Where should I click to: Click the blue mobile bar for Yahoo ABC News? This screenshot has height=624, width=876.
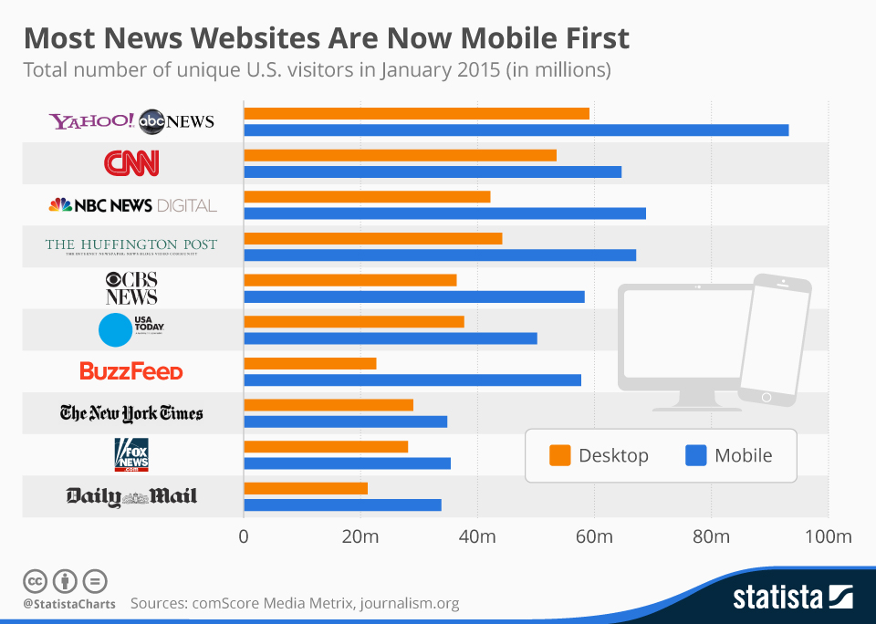point(516,130)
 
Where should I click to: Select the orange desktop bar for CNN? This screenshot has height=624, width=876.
point(400,155)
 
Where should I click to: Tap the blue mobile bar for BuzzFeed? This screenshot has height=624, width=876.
point(412,380)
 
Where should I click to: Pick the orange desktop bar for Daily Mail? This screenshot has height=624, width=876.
point(306,488)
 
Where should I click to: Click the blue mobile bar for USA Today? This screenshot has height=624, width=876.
point(391,338)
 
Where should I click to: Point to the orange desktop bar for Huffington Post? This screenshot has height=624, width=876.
point(372,238)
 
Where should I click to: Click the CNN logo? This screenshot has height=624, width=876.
point(131,163)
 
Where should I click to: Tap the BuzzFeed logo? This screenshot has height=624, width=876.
point(131,371)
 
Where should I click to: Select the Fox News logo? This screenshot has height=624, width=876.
point(131,454)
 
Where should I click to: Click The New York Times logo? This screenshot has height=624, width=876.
point(131,413)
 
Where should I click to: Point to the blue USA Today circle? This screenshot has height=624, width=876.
point(115,329)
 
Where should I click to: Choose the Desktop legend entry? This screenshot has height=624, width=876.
point(599,455)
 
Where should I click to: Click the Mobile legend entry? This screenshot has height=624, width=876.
point(728,455)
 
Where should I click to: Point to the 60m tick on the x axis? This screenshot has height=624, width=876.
point(594,536)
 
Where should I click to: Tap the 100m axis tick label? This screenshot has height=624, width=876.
point(829,536)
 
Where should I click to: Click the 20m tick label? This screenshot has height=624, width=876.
point(360,536)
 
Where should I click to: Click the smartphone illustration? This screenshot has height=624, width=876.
point(773,338)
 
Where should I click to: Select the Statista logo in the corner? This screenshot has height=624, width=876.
point(793,598)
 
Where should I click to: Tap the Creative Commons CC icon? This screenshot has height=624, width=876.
point(35,580)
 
